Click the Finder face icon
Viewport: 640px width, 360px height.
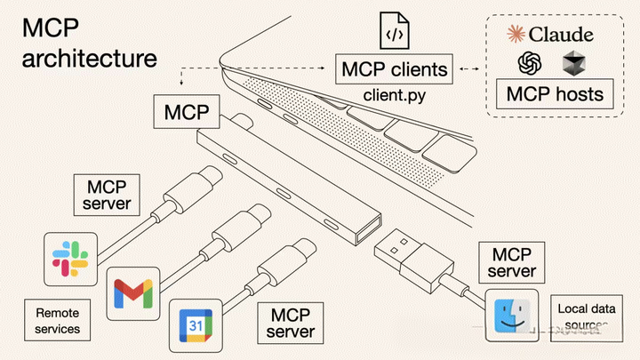click(512, 316)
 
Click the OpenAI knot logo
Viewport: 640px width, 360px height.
click(531, 63)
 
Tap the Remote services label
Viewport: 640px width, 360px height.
click(58, 321)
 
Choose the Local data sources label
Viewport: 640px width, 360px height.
click(582, 316)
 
